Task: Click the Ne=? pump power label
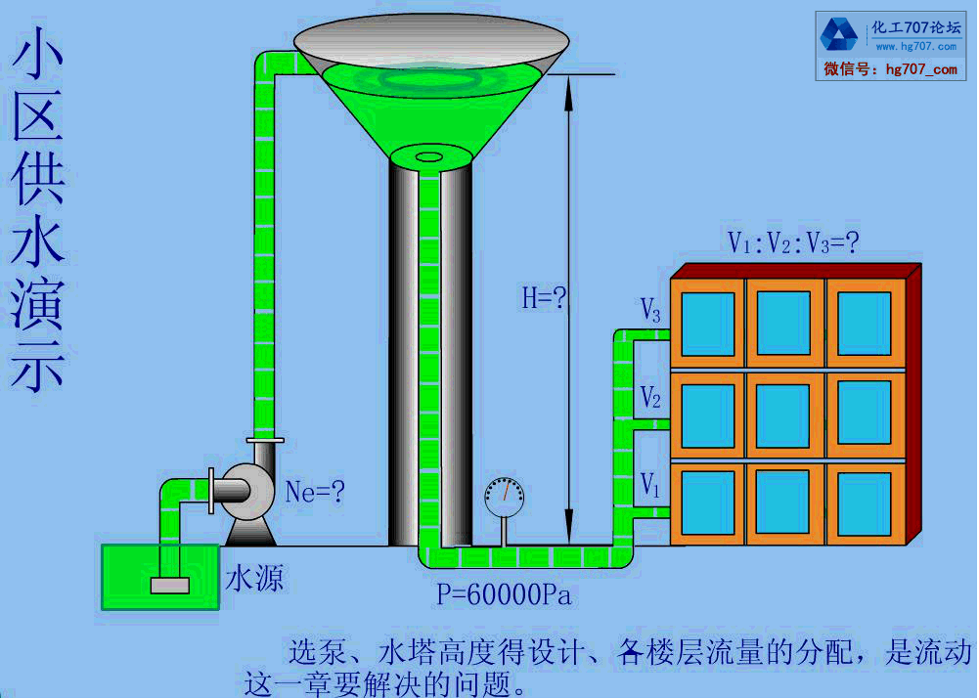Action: point(315,492)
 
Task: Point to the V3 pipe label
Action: point(650,312)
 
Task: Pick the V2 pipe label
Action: point(650,397)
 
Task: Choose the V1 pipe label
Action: point(650,483)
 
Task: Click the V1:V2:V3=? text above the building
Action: point(793,242)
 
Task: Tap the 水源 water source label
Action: point(255,579)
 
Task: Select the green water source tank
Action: point(159,577)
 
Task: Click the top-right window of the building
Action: point(865,323)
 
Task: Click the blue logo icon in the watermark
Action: point(839,35)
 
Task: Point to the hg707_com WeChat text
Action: point(921,69)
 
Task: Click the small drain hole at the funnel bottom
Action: point(428,156)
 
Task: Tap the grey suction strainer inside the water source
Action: point(168,585)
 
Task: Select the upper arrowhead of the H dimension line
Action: point(568,82)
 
